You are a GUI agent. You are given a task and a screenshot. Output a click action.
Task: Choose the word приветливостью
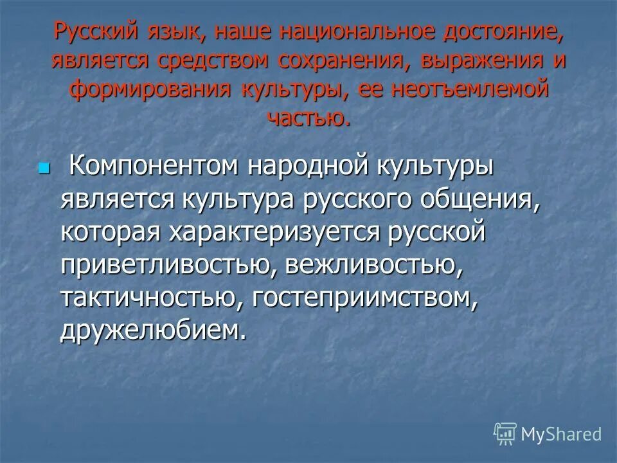[x=165, y=264]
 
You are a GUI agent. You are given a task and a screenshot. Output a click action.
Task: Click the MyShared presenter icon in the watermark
[x=505, y=434]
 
